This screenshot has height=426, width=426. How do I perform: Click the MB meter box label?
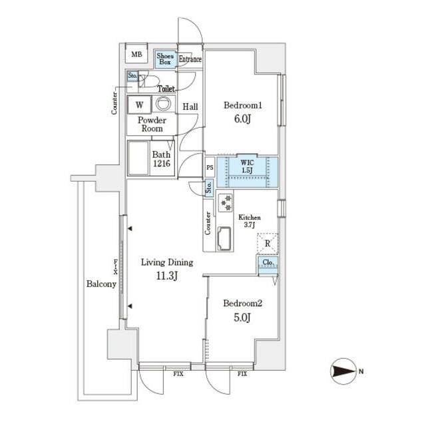point(136,55)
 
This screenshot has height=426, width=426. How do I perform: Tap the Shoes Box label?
point(165,59)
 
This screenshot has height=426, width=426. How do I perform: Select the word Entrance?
point(190,59)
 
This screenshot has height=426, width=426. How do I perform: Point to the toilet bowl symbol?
point(148,81)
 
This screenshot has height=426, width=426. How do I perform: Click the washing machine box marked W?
point(139,105)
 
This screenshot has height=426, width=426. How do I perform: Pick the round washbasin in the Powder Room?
point(164,104)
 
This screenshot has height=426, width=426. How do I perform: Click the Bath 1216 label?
point(161,159)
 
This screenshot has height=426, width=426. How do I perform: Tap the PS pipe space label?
point(210,168)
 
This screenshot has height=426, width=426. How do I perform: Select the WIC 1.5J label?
point(247,166)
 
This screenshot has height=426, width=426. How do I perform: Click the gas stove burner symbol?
point(226,202)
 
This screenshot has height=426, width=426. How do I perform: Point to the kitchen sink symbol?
point(224,238)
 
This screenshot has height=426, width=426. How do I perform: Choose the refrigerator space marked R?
point(268,244)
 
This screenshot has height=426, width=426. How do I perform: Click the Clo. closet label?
point(268,262)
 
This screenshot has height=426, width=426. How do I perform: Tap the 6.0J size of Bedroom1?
point(242,119)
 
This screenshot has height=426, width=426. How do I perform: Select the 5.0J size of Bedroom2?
point(242,318)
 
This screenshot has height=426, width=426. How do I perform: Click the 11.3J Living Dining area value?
point(167,276)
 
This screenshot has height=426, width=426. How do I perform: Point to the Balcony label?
point(101,284)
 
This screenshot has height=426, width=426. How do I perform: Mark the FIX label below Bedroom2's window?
point(242,374)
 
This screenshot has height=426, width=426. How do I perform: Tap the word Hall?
point(190,106)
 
